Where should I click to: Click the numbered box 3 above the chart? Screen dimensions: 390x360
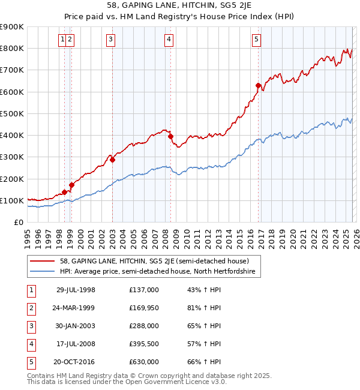(111, 40)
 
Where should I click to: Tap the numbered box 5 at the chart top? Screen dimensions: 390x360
(256, 40)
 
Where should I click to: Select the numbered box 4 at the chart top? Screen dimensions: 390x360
(169, 40)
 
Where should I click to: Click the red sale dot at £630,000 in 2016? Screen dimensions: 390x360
(258, 85)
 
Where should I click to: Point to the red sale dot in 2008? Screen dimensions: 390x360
(170, 136)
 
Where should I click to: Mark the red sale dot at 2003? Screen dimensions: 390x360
(112, 160)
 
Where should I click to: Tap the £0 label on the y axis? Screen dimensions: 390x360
(19, 222)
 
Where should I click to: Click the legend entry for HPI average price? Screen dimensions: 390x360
(157, 272)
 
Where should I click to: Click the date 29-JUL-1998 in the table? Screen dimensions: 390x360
(76, 290)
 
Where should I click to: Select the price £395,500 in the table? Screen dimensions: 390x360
(144, 344)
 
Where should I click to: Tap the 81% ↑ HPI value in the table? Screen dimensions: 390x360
(208, 308)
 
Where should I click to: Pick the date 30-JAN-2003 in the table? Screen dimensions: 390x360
(76, 326)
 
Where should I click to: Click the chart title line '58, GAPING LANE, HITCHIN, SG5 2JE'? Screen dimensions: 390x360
(180, 7)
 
